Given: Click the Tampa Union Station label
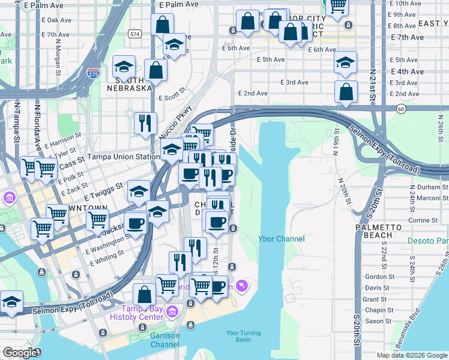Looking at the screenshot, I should (x=124, y=157).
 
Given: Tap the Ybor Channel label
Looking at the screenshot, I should (x=281, y=239).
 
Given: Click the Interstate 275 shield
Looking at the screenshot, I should (x=93, y=74).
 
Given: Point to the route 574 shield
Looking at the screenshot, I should (x=135, y=34).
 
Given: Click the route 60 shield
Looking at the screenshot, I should (x=401, y=109).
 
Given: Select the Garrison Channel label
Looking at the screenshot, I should (x=164, y=340).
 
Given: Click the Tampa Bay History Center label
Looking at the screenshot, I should (x=137, y=312).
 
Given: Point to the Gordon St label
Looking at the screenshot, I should (x=378, y=277).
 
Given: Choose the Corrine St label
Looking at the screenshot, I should (x=421, y=221).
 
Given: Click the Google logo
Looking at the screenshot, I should (x=20, y=353).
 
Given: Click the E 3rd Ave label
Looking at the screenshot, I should (x=295, y=82).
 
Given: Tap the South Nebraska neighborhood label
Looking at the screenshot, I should (x=129, y=84).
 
